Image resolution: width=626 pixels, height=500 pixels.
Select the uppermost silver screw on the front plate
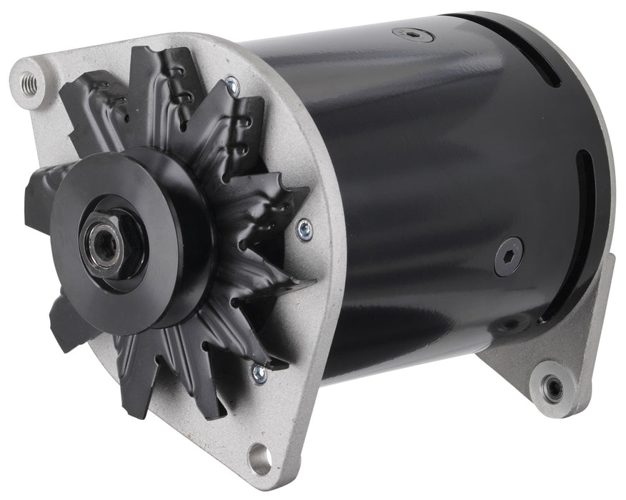(231, 87)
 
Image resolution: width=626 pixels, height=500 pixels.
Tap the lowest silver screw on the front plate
(259, 372)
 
